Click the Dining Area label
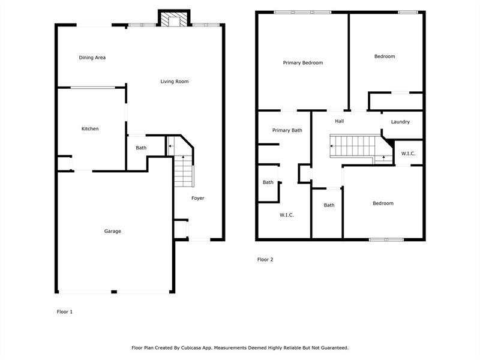point(92,58)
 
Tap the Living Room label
point(175,82)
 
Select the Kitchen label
point(90,128)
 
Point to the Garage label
point(113,231)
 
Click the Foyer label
point(198,198)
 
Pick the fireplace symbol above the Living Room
point(174,19)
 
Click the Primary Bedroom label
point(303,63)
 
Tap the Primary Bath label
point(287,130)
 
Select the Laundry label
point(400,122)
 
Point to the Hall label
point(339,121)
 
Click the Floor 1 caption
point(65,311)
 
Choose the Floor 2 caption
point(265,260)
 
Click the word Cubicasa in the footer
point(191,348)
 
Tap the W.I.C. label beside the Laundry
point(409,154)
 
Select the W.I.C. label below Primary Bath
point(287,215)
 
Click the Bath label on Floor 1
point(141,148)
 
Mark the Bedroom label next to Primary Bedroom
point(385,56)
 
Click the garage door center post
point(114,292)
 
